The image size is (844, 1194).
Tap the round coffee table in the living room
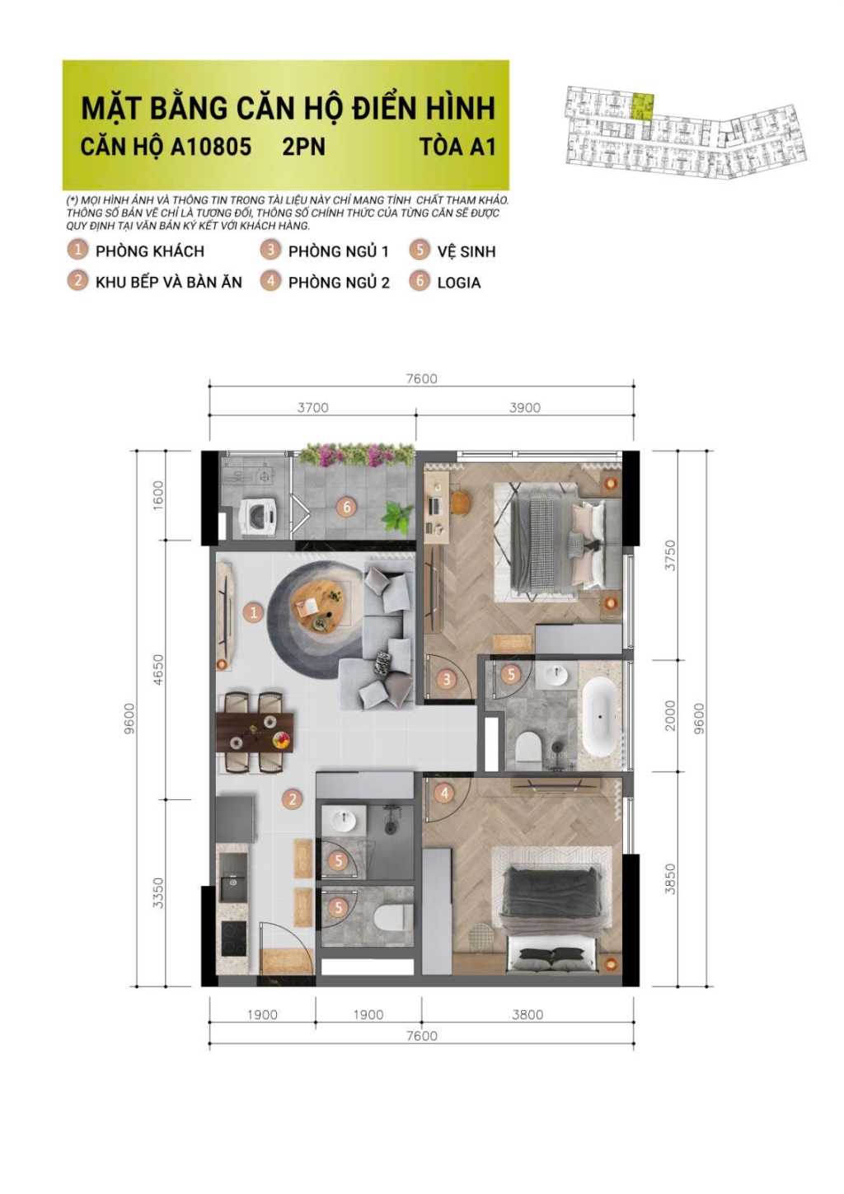pyautogui.click(x=321, y=605)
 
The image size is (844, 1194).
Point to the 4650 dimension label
pyautogui.click(x=158, y=669)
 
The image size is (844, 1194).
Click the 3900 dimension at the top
pyautogui.click(x=524, y=408)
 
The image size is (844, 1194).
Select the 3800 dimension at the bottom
pyautogui.click(x=527, y=1015)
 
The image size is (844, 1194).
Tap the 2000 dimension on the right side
pyautogui.click(x=670, y=715)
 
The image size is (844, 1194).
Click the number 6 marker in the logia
pyautogui.click(x=346, y=507)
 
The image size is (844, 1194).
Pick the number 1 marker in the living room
pyautogui.click(x=253, y=612)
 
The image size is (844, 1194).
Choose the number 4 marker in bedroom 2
pyautogui.click(x=444, y=794)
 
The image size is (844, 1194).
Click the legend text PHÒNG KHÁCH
pyautogui.click(x=149, y=251)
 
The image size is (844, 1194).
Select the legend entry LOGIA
pyautogui.click(x=458, y=283)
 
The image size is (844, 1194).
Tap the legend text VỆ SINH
pyautogui.click(x=466, y=251)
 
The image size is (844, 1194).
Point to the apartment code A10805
pyautogui.click(x=210, y=147)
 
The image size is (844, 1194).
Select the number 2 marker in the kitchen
pyautogui.click(x=292, y=798)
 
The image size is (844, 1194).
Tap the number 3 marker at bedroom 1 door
pyautogui.click(x=447, y=679)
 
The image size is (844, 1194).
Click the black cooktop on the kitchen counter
pyautogui.click(x=234, y=938)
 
